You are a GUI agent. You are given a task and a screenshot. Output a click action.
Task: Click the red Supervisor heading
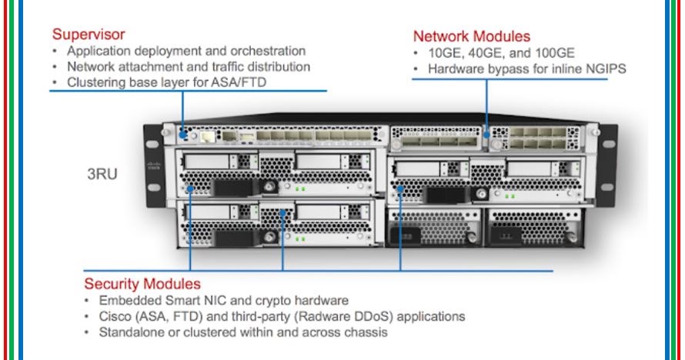click(89, 35)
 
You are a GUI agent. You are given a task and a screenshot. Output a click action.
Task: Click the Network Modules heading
click(471, 36)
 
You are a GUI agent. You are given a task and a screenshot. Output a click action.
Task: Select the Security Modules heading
click(142, 284)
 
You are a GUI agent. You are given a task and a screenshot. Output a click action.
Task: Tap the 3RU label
click(102, 175)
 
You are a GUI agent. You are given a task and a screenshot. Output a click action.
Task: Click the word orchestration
click(265, 52)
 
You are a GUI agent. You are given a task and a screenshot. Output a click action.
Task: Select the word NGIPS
click(606, 69)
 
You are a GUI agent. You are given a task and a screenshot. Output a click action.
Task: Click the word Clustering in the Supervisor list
click(97, 82)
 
